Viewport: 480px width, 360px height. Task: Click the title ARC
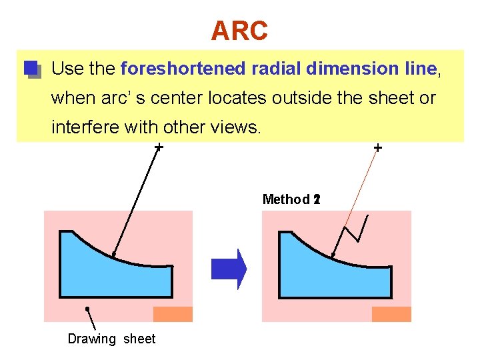point(239,30)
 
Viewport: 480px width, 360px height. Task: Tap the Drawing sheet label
point(111,339)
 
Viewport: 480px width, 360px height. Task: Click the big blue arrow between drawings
point(229,269)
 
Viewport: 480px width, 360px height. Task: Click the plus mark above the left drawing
point(159,147)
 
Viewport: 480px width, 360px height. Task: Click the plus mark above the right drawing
point(378,147)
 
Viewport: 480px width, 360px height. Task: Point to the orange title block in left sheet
point(173,314)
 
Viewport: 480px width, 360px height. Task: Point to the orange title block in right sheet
point(391,314)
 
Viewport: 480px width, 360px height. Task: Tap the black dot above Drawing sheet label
point(87,309)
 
